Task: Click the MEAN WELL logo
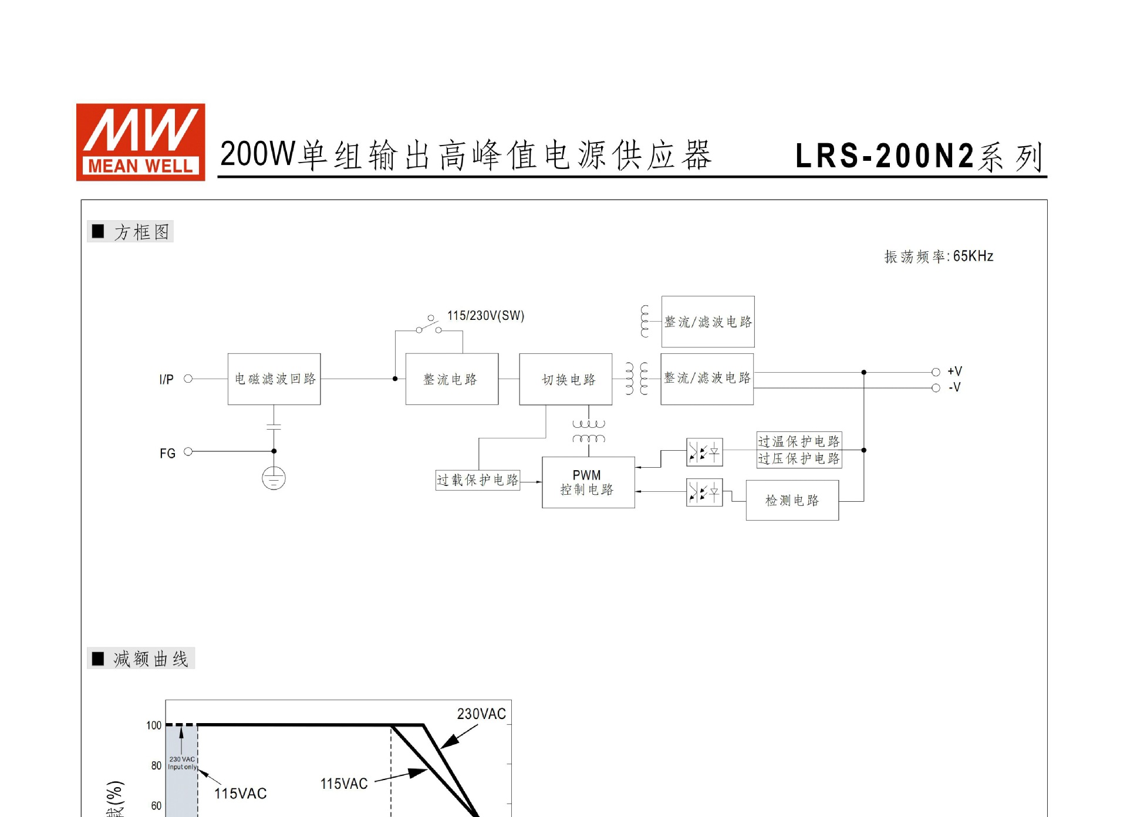[x=140, y=142]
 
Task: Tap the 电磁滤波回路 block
[x=274, y=379]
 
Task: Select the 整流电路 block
[x=451, y=379]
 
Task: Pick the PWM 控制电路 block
[x=588, y=482]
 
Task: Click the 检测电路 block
[x=792, y=501]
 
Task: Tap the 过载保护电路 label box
[x=477, y=480]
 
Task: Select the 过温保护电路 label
[x=799, y=441]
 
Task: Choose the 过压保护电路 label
[x=799, y=458]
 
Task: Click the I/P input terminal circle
[x=188, y=379]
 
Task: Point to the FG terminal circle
[x=188, y=451]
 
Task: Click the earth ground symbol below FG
[x=274, y=478]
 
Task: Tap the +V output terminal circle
[x=936, y=372]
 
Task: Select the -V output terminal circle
[x=936, y=388]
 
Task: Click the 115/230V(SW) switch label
[x=485, y=316]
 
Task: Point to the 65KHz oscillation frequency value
[x=973, y=256]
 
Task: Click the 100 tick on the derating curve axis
[x=154, y=725]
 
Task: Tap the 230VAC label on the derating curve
[x=481, y=714]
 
